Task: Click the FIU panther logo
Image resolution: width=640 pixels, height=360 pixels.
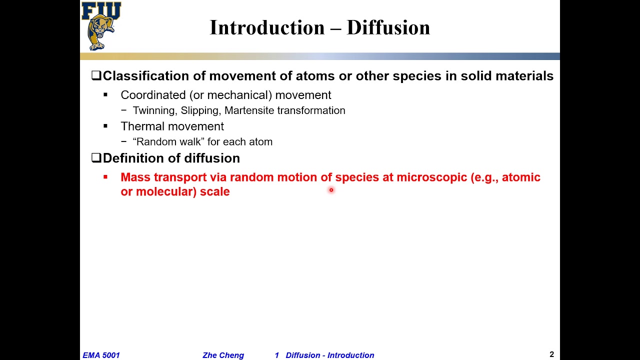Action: (101, 26)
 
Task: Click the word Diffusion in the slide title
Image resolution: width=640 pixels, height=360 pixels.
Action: (388, 27)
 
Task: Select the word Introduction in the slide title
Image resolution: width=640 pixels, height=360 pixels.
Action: (268, 27)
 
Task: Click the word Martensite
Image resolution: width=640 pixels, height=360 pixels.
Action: (249, 110)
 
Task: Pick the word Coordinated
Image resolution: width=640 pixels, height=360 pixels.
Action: (153, 95)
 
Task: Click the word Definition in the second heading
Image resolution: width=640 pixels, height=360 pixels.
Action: (128, 158)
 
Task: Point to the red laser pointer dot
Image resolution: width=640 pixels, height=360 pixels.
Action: (331, 190)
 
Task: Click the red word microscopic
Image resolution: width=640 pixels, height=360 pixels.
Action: (431, 177)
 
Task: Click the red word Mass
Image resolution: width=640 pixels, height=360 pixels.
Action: (135, 177)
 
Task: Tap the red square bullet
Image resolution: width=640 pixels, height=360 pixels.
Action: (105, 177)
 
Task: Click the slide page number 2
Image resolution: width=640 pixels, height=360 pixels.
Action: (551, 354)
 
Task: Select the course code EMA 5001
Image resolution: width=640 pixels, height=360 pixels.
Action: (101, 355)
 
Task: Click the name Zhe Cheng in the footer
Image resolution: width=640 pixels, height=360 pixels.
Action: (223, 355)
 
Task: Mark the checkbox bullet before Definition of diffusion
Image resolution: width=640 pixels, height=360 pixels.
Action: (96, 158)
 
